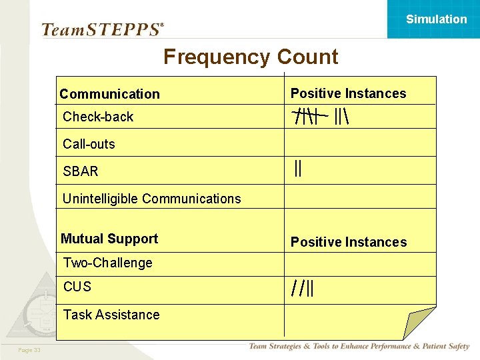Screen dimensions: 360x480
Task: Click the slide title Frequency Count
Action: click(251, 57)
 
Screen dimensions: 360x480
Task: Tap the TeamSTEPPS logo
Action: click(102, 29)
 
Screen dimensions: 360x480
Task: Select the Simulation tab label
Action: click(436, 19)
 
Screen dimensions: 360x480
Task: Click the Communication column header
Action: click(109, 94)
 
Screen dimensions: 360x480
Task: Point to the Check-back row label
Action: click(98, 117)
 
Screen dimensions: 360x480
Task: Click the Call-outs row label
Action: click(89, 144)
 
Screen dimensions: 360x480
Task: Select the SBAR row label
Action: click(81, 171)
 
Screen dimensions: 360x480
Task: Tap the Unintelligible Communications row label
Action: click(151, 199)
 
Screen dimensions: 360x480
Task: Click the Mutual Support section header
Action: click(109, 239)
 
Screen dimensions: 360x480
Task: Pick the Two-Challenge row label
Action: click(107, 263)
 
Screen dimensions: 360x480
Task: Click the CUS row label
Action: click(77, 287)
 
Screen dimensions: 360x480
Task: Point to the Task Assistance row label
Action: click(111, 315)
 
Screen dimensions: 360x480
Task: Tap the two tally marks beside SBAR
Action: click(298, 169)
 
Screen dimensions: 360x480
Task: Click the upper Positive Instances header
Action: click(348, 93)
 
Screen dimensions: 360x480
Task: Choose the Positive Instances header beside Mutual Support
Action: click(348, 242)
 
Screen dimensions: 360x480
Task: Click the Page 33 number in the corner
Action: click(29, 351)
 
